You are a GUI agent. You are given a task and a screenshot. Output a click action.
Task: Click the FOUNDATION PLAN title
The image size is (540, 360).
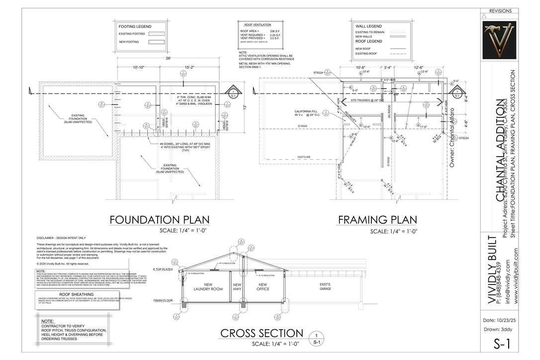coord(159,220)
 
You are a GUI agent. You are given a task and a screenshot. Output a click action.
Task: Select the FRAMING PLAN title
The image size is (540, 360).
coord(377,220)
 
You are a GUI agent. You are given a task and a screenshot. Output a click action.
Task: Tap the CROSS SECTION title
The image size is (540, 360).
coord(262,333)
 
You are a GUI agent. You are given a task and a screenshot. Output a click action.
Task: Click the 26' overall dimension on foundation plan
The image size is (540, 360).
coord(169,59)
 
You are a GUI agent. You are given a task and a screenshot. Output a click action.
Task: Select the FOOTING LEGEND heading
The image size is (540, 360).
coord(135,26)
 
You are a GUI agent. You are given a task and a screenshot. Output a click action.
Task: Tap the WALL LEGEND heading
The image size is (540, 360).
coord(368,26)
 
